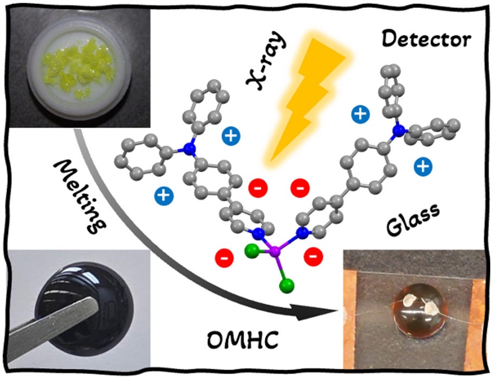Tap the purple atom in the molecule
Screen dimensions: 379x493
tap(275, 251)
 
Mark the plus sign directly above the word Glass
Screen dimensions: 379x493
tap(423, 167)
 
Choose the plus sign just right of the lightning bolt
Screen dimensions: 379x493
tap(359, 114)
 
